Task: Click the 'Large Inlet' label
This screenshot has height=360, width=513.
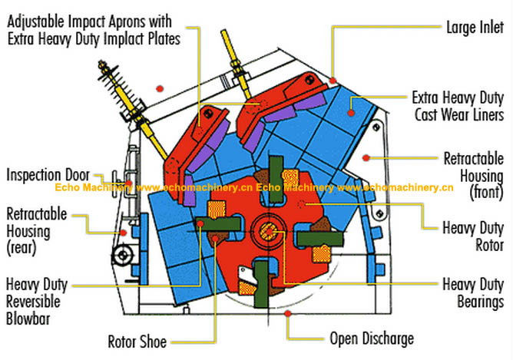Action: point(475,28)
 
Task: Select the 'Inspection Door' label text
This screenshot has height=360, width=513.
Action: point(48,175)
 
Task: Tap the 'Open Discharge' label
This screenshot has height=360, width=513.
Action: point(372,338)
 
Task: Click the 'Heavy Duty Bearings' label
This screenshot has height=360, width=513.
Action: point(473,292)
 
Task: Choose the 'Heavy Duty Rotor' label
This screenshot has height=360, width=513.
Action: point(473,236)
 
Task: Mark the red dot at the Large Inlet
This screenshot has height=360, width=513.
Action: point(334,79)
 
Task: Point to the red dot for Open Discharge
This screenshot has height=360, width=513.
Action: point(288,314)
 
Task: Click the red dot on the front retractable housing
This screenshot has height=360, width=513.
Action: point(367,157)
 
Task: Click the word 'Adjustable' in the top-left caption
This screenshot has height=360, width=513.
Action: point(39,21)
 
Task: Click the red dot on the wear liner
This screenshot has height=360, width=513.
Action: point(351,112)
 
